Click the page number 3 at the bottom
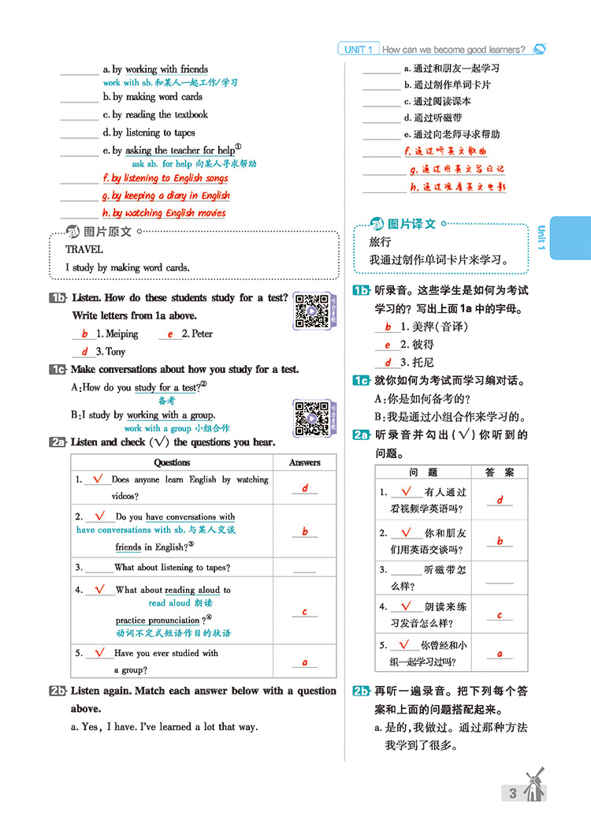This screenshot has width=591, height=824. [513, 792]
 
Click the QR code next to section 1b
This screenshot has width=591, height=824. [310, 311]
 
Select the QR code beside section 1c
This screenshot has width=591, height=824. [310, 417]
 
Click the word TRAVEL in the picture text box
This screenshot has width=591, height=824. [84, 249]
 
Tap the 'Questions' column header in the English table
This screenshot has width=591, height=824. [172, 462]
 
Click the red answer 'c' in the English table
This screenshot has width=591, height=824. [305, 611]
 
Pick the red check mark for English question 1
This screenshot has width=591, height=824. [98, 478]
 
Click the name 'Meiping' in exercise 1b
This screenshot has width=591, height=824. [121, 334]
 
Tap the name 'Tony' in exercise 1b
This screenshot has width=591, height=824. [116, 352]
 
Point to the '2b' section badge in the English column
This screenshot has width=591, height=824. [58, 691]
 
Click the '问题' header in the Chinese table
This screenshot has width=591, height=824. [423, 472]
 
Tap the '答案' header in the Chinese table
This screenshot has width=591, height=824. [499, 472]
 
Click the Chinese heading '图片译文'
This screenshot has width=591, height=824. [414, 224]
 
